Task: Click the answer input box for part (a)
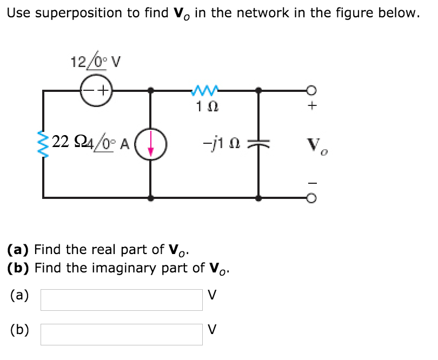(122, 299)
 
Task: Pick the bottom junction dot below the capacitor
(259, 198)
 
